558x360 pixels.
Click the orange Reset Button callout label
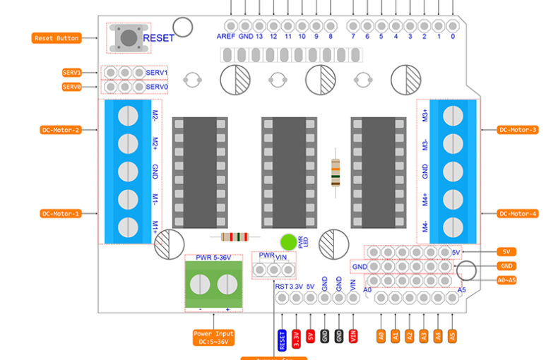[x=57, y=38]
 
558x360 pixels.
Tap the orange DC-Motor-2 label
[x=61, y=130]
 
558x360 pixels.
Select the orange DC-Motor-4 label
[x=518, y=213]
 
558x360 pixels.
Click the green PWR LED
[x=287, y=242]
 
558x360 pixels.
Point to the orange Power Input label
[x=214, y=337]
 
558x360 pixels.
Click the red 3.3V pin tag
[x=296, y=337]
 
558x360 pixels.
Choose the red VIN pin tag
[x=353, y=337]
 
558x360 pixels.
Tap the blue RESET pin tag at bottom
[x=282, y=339]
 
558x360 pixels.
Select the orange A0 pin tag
[x=381, y=337]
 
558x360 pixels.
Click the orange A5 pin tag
[x=453, y=337]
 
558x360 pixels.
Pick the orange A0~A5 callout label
[x=506, y=280]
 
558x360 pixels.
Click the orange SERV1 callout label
[x=72, y=73]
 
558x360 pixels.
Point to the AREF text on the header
[x=226, y=35]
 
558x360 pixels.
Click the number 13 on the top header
[x=260, y=35]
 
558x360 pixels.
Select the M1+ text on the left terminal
[x=155, y=226]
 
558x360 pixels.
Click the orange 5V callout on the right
[x=506, y=251]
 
